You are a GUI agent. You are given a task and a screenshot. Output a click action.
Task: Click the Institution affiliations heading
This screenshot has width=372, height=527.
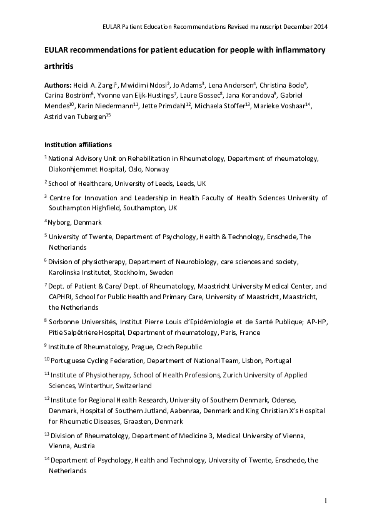(x=78, y=145)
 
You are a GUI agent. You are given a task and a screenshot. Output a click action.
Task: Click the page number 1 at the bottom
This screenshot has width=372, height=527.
(x=326, y=501)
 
